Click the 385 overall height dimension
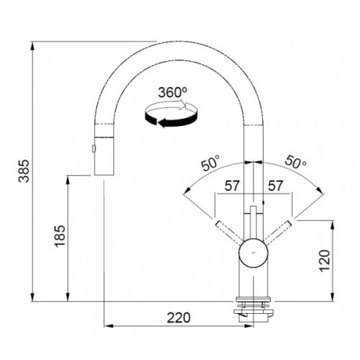pyautogui.click(x=24, y=171)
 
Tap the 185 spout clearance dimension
pyautogui.click(x=60, y=236)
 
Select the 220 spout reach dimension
pyautogui.click(x=179, y=318)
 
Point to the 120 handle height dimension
pyautogui.click(x=325, y=261)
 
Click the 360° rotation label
pyautogui.click(x=173, y=92)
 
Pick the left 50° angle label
pyautogui.click(x=210, y=163)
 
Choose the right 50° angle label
pyautogui.click(x=295, y=162)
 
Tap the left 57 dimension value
pyautogui.click(x=232, y=186)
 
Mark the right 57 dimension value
pyautogui.click(x=275, y=186)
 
